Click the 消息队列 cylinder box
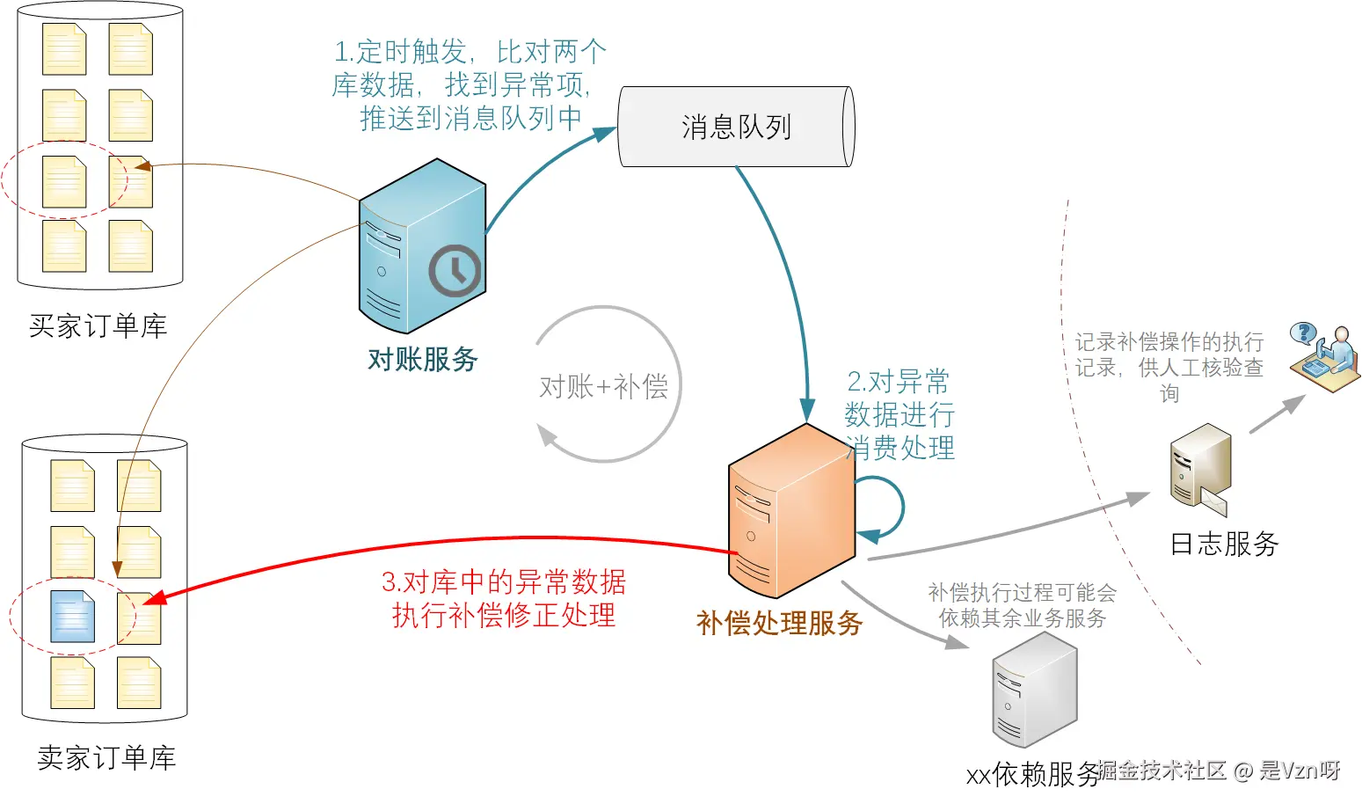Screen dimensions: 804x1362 pyautogui.click(x=736, y=127)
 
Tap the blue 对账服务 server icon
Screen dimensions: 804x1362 pyautogui.click(x=421, y=246)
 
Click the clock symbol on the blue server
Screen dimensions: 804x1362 pyautogui.click(x=455, y=270)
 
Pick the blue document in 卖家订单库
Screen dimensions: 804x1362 pyautogui.click(x=73, y=616)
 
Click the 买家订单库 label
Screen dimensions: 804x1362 pyautogui.click(x=98, y=326)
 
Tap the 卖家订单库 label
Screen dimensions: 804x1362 pyautogui.click(x=106, y=757)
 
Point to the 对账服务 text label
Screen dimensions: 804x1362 pyautogui.click(x=422, y=359)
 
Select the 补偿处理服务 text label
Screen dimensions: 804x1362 pyautogui.click(x=779, y=623)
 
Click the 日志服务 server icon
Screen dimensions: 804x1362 pyautogui.click(x=1198, y=467)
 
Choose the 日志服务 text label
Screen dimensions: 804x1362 pyautogui.click(x=1224, y=544)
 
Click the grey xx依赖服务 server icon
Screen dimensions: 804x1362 pyautogui.click(x=1034, y=691)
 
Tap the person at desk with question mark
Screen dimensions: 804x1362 pyautogui.click(x=1324, y=355)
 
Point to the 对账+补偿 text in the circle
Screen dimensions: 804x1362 pyautogui.click(x=603, y=386)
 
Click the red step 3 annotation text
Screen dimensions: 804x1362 pyautogui.click(x=503, y=598)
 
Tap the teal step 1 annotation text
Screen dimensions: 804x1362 pyautogui.click(x=468, y=84)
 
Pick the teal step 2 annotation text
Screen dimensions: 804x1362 pyautogui.click(x=899, y=414)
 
